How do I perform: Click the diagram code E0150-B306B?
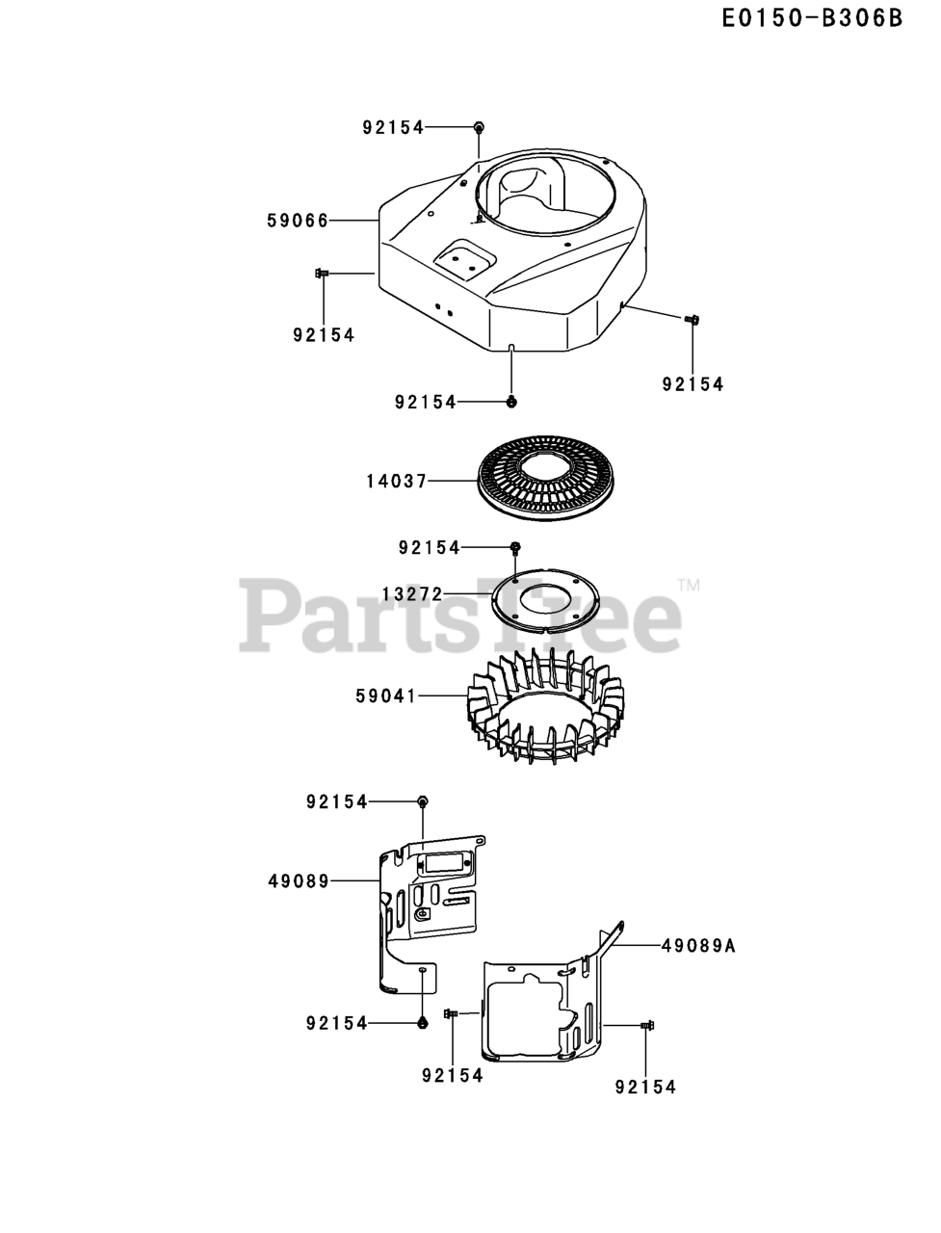pyautogui.click(x=813, y=18)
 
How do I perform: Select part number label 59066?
pyautogui.click(x=298, y=221)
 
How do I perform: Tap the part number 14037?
pyautogui.click(x=396, y=480)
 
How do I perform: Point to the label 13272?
pyautogui.click(x=411, y=594)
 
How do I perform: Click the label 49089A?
pyautogui.click(x=698, y=946)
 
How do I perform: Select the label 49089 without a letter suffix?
pyautogui.click(x=299, y=880)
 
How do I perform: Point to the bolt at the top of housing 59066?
pyautogui.click(x=479, y=126)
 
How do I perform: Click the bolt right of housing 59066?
pyautogui.click(x=691, y=319)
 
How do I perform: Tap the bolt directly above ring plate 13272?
pyautogui.click(x=515, y=547)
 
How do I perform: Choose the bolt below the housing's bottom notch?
pyautogui.click(x=512, y=402)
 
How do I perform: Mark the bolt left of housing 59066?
pyautogui.click(x=322, y=275)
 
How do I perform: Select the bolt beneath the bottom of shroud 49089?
pyautogui.click(x=423, y=1023)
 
